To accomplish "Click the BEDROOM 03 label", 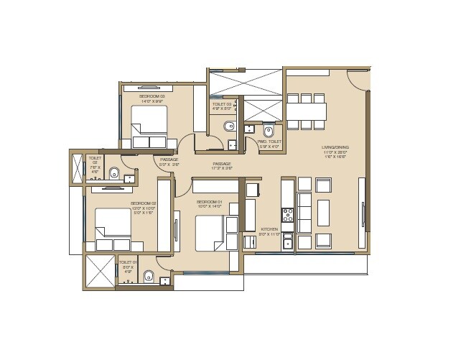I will [152, 96].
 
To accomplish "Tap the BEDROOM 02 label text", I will [143, 203].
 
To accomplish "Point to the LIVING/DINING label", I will [335, 149].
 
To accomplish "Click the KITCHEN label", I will [269, 230].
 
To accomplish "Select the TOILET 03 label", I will [223, 105].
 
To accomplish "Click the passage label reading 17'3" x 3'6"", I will [221, 164].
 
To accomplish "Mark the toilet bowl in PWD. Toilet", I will [269, 131].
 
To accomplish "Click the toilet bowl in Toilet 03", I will [228, 127].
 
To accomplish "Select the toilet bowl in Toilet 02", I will [114, 172].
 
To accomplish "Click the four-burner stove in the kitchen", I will [287, 214].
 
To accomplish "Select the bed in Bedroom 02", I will [111, 226].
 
